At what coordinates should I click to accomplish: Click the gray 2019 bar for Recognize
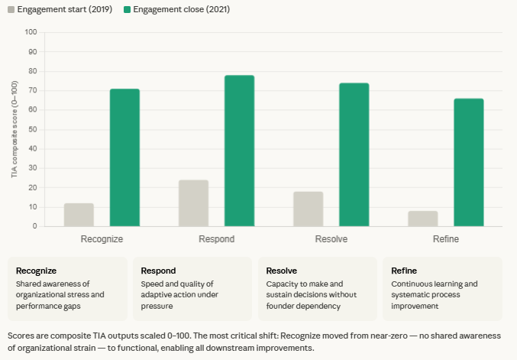click(79, 215)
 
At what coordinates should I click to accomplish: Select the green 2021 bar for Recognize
click(124, 157)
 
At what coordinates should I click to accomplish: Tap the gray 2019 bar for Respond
click(193, 203)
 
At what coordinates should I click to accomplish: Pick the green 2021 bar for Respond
click(239, 151)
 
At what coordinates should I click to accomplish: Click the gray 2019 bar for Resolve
click(308, 209)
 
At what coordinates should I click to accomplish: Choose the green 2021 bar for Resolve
click(354, 154)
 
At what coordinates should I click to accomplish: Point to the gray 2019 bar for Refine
click(422, 219)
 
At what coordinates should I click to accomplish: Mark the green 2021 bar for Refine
click(468, 162)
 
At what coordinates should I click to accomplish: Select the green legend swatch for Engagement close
click(125, 9)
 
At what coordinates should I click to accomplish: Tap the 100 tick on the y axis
click(31, 32)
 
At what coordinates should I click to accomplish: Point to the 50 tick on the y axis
click(32, 129)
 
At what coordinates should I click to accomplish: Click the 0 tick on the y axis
click(34, 226)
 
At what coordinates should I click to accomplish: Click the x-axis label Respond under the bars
click(216, 239)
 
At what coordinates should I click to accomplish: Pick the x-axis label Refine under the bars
click(445, 239)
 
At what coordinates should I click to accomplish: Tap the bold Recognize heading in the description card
click(37, 271)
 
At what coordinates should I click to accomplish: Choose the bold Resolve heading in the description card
click(281, 271)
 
